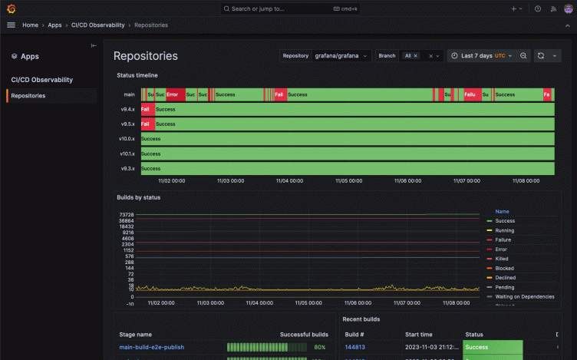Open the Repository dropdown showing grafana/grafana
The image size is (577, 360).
[x=341, y=56]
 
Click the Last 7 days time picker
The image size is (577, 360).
[x=478, y=56]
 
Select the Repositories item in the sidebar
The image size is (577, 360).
[x=28, y=96]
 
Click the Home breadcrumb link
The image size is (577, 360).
[x=31, y=25]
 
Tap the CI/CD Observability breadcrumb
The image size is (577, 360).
[x=97, y=25]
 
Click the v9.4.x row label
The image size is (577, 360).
[x=127, y=109]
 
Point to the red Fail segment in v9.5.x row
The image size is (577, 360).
[x=147, y=124]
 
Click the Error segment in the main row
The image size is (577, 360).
[x=174, y=94]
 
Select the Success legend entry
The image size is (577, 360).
[x=505, y=221]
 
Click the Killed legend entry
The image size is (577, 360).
[x=503, y=259]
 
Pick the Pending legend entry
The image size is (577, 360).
[x=505, y=287]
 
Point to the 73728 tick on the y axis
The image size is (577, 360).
[x=126, y=214]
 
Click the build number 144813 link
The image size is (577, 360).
[x=354, y=347]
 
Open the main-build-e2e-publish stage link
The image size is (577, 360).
[x=151, y=347]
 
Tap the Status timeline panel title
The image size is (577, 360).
[x=137, y=75]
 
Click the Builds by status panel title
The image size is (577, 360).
[x=138, y=197]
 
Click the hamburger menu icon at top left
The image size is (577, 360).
[x=11, y=25]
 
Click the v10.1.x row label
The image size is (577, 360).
[x=127, y=154]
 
